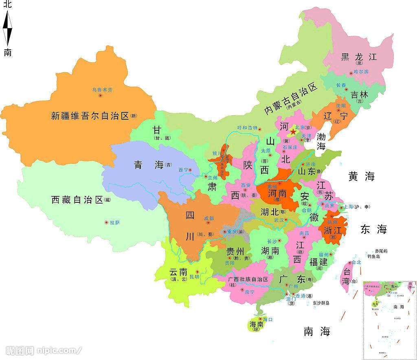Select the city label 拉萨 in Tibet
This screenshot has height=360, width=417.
(x=115, y=222)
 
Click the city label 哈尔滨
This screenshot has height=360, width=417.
(x=361, y=72)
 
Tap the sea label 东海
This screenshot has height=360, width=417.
(x=373, y=229)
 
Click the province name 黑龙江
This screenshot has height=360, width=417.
(x=359, y=57)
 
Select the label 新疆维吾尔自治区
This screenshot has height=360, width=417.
(x=90, y=116)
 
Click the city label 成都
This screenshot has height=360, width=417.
(x=209, y=218)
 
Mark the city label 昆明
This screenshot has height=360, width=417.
(x=195, y=277)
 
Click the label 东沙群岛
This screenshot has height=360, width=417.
(x=321, y=303)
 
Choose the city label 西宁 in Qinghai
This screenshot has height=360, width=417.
(x=183, y=169)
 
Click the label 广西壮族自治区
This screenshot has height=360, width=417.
(x=248, y=279)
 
